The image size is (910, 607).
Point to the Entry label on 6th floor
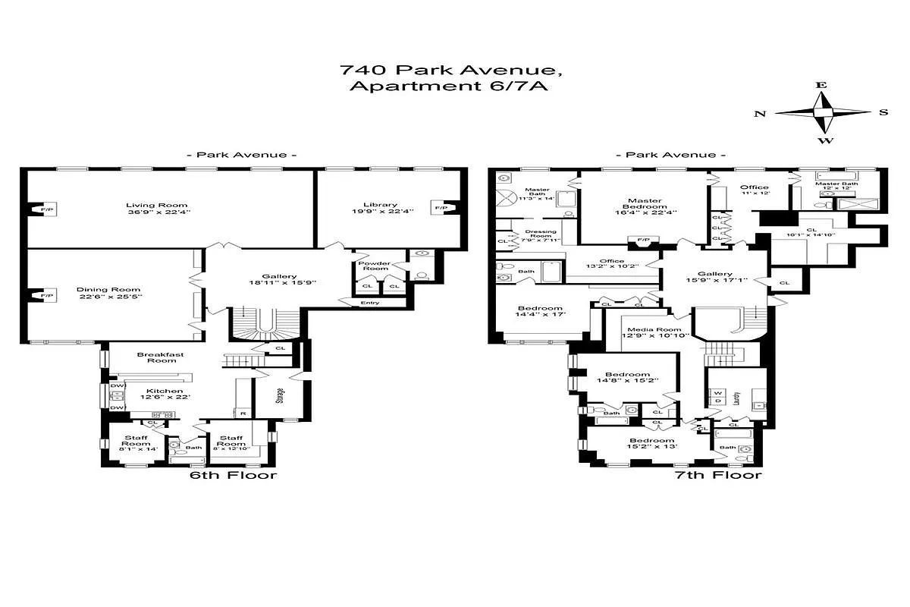370,303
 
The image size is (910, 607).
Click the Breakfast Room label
156,357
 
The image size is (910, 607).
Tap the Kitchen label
165,392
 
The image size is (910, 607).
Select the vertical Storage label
280,396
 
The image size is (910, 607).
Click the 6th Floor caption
233,476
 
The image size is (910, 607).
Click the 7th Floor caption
718,476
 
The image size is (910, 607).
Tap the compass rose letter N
759,113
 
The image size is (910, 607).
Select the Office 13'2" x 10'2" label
613,262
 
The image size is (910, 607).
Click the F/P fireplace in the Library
438,206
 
